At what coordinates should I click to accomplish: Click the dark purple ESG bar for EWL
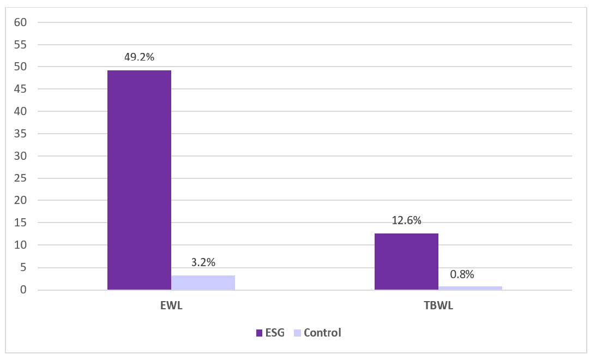[139, 180]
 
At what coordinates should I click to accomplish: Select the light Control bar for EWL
[203, 283]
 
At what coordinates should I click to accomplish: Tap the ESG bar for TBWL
[406, 261]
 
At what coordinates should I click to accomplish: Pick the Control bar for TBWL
[470, 288]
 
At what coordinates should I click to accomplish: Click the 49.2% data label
[139, 57]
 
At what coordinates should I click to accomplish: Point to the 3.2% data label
[203, 262]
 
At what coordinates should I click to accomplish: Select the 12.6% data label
[406, 220]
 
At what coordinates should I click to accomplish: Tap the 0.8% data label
[462, 274]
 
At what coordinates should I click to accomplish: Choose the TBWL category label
[438, 305]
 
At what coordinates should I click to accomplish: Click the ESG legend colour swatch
[260, 333]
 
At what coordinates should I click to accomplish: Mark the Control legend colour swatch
[297, 333]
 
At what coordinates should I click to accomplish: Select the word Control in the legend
[322, 333]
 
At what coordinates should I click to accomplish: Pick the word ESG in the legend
[275, 333]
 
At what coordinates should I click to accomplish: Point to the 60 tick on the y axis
[21, 22]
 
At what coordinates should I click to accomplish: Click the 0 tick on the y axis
[23, 290]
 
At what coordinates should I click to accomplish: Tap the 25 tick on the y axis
[21, 178]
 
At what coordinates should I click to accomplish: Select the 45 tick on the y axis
[21, 89]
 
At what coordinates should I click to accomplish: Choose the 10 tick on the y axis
[21, 245]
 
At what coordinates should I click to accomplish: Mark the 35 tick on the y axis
[21, 134]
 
